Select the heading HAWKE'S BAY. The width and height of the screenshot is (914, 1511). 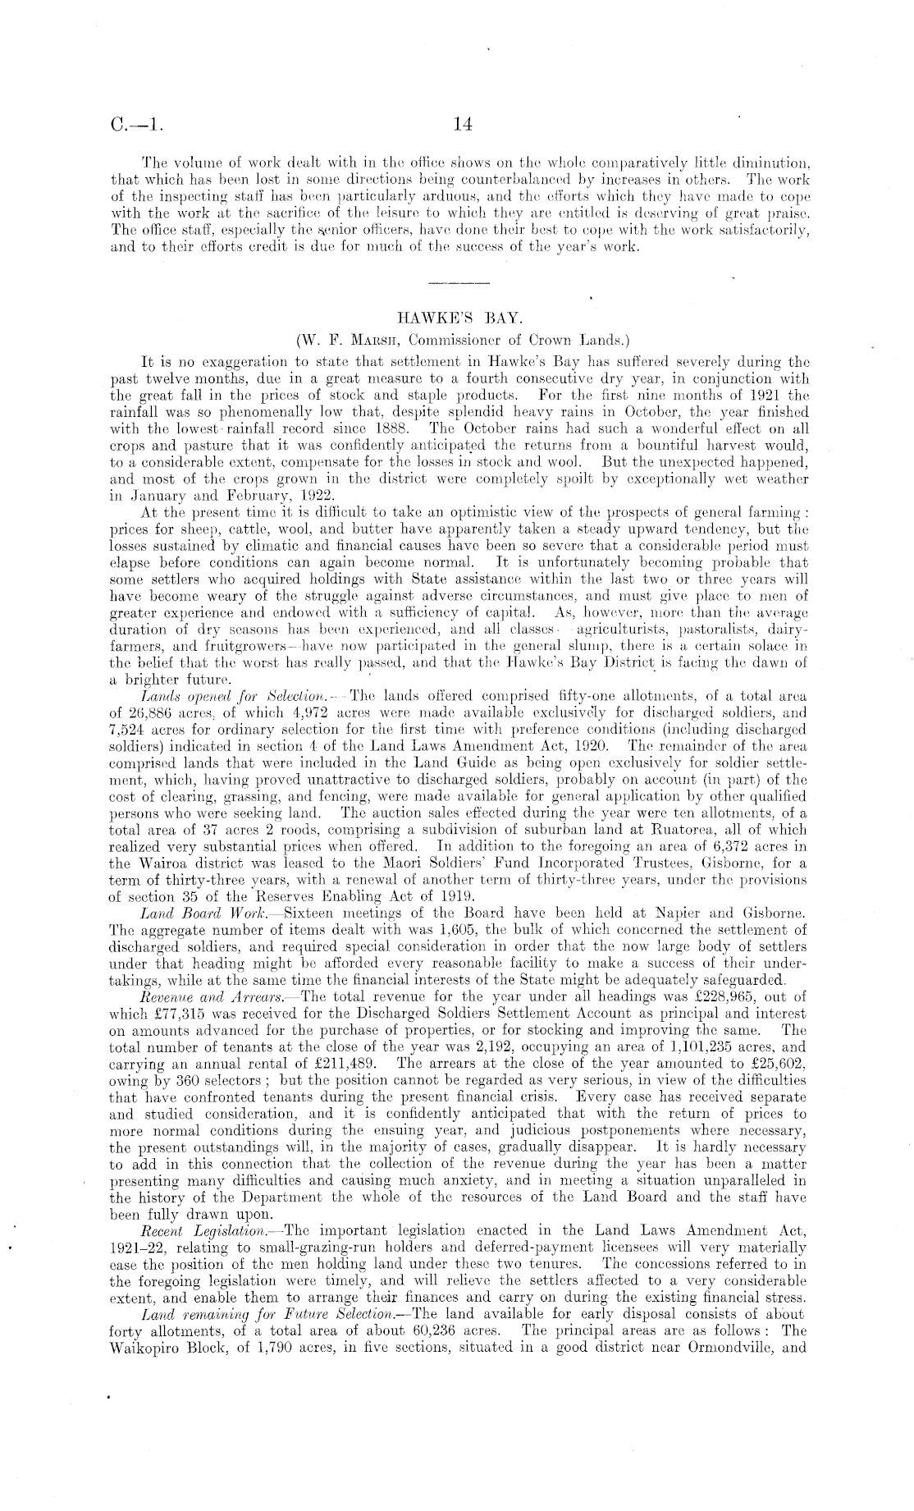click(458, 315)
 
